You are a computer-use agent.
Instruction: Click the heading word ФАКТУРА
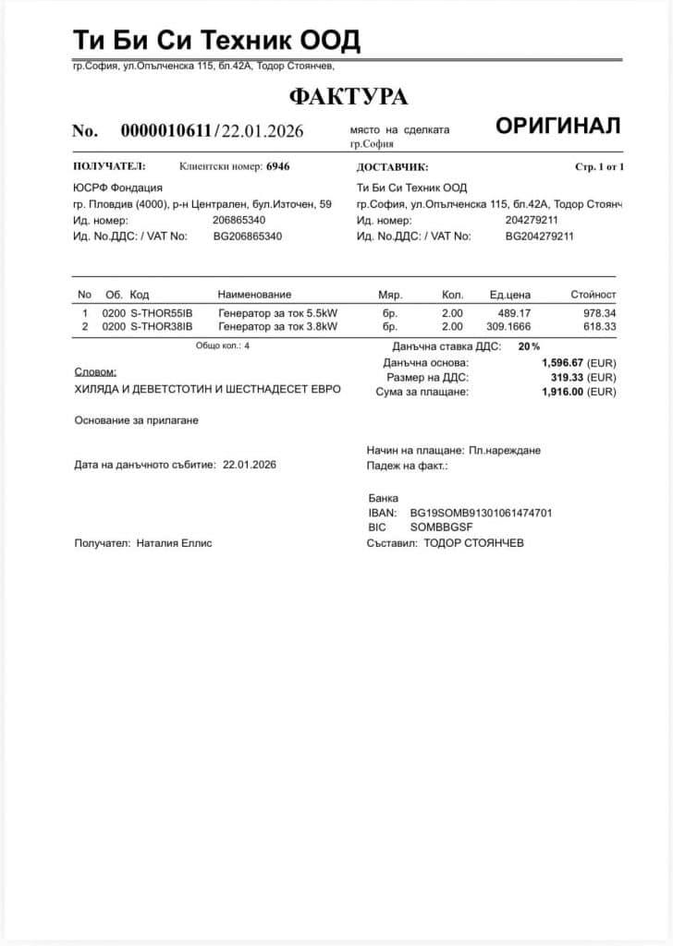(348, 97)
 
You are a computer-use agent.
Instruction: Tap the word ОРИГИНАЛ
(557, 127)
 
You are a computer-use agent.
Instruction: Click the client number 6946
(278, 167)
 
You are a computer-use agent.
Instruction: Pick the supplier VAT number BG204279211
(539, 236)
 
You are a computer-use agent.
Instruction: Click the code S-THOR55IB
(161, 313)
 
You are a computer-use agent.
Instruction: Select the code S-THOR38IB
(161, 326)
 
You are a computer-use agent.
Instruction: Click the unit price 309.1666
(508, 326)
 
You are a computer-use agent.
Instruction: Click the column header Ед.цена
(509, 295)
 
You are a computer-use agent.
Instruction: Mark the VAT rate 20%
(529, 346)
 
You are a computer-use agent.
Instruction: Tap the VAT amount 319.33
(568, 378)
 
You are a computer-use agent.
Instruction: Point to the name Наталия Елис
(174, 543)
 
